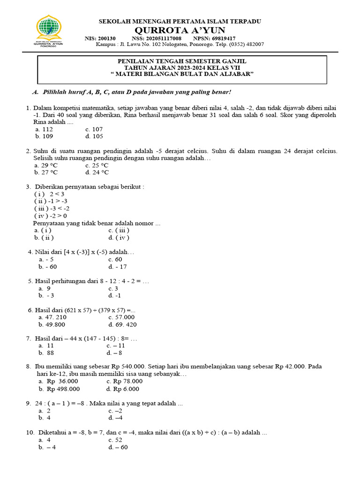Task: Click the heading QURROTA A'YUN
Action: [x=180, y=30]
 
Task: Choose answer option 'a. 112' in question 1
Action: [x=44, y=129]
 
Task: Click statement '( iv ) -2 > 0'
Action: [x=51, y=216]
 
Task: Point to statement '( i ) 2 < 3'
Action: [x=49, y=194]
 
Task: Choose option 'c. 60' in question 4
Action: [x=115, y=259]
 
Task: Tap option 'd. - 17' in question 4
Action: [x=117, y=267]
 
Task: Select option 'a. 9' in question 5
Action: [x=45, y=288]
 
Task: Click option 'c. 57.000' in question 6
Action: [x=122, y=317]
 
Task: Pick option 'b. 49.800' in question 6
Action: [x=52, y=324]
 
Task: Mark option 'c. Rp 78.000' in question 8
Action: [x=124, y=382]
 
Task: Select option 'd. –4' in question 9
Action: [x=115, y=418]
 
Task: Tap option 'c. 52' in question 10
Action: [x=115, y=440]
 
